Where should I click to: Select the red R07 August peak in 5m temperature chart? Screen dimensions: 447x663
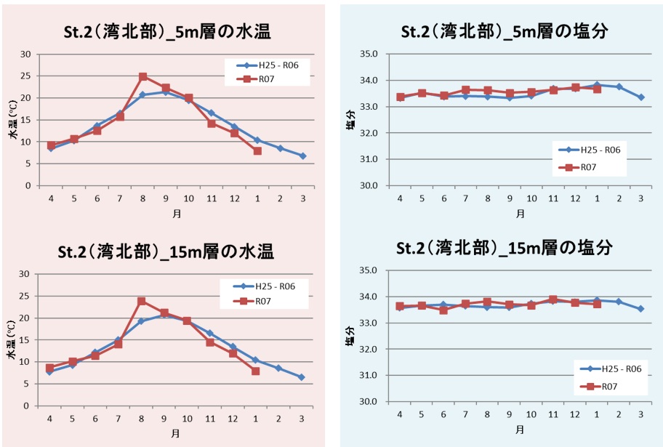pyautogui.click(x=143, y=76)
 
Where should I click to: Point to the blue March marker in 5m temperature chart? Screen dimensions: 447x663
pyautogui.click(x=302, y=156)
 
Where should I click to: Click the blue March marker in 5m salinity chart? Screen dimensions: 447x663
pyautogui.click(x=641, y=97)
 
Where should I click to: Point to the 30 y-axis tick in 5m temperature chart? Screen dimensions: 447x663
pyautogui.click(x=26, y=55)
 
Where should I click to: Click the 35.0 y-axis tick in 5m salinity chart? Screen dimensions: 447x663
pyautogui.click(x=371, y=55)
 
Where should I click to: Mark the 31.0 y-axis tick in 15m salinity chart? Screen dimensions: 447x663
pyautogui.click(x=371, y=375)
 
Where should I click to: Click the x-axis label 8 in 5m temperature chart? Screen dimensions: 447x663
pyautogui.click(x=143, y=198)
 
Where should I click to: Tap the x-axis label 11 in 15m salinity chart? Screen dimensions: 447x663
pyautogui.click(x=553, y=414)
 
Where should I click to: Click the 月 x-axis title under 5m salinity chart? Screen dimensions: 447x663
pyautogui.click(x=520, y=214)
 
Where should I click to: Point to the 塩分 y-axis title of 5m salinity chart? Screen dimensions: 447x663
pyautogui.click(x=351, y=120)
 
